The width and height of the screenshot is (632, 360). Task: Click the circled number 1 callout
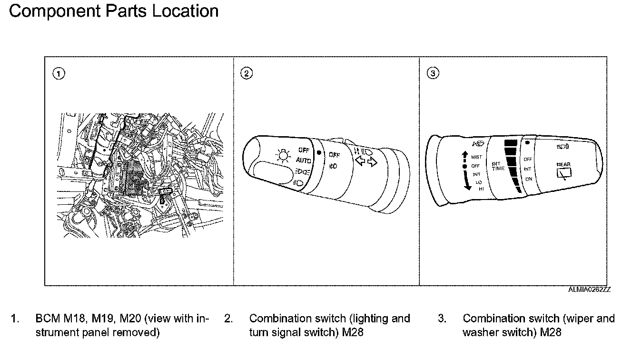pyautogui.click(x=59, y=73)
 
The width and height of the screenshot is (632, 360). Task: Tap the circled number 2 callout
pyautogui.click(x=247, y=73)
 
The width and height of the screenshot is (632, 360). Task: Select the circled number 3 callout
pyautogui.click(x=433, y=73)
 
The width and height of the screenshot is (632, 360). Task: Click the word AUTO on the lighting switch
pyautogui.click(x=303, y=160)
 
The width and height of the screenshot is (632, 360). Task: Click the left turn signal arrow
pyautogui.click(x=360, y=163)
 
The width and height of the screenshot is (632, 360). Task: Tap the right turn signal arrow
pyautogui.click(x=372, y=163)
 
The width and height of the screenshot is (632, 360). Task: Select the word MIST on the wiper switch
pyautogui.click(x=476, y=157)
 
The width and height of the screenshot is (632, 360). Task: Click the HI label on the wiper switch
pyautogui.click(x=481, y=189)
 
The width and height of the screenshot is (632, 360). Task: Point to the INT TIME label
pyautogui.click(x=499, y=166)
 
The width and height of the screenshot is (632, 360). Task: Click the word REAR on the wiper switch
pyautogui.click(x=563, y=164)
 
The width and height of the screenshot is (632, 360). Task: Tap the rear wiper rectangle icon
pyautogui.click(x=564, y=174)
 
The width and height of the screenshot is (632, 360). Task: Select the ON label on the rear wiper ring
pyautogui.click(x=529, y=179)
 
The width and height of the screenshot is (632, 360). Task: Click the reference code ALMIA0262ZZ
pyautogui.click(x=589, y=290)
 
